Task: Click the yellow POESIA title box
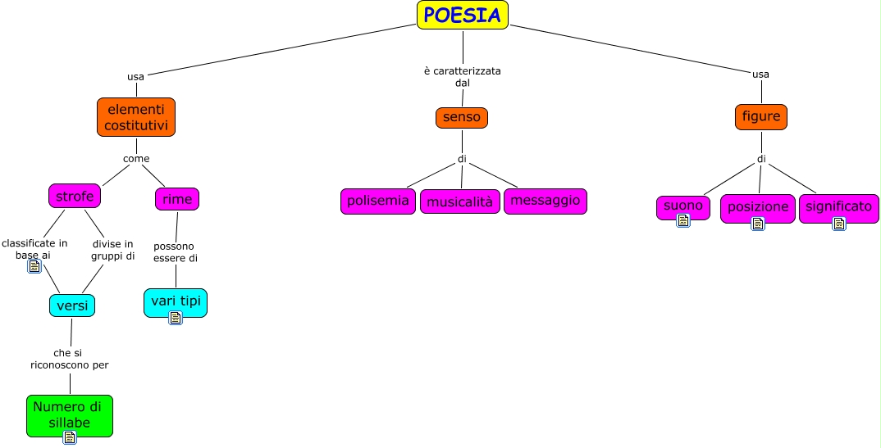coord(463,15)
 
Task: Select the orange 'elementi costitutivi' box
coord(136,117)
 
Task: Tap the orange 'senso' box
coord(462,117)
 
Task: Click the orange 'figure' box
coord(761,117)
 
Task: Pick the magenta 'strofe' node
coord(75,197)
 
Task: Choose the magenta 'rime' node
coord(177,198)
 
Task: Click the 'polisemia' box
coord(378,201)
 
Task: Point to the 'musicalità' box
coord(460,201)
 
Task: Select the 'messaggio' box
coord(545,201)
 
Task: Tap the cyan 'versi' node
coord(72,305)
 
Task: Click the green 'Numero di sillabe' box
coord(69,414)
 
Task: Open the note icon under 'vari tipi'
coord(176,318)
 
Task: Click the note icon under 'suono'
coord(682,220)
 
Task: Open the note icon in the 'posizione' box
coord(758,223)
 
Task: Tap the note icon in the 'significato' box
coord(838,223)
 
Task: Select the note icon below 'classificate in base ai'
coord(34,266)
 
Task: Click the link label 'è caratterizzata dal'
coord(462,77)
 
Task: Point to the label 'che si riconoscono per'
coord(70,359)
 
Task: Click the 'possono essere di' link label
coord(176,251)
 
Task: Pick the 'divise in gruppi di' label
coord(113,249)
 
